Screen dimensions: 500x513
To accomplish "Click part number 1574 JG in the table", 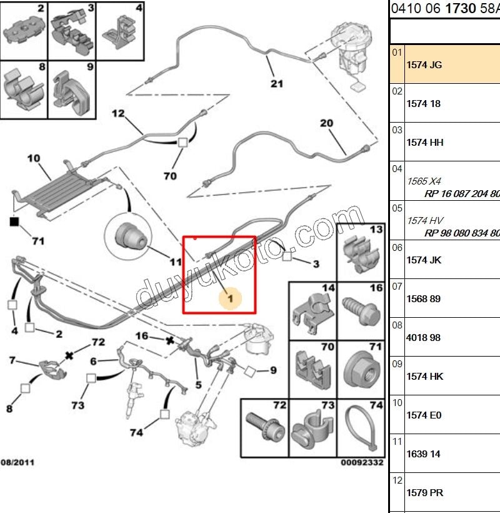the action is [x=424, y=65].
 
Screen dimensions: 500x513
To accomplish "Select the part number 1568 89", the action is [x=423, y=298].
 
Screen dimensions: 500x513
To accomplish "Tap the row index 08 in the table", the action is [x=397, y=325].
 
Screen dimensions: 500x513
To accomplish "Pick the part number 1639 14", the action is [x=423, y=454].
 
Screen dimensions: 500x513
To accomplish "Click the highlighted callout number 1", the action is [x=231, y=298].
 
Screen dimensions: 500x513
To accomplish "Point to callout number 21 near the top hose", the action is [x=277, y=84].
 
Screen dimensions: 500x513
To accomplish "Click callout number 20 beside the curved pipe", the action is [x=326, y=123].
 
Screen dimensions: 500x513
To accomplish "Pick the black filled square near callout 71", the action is [x=14, y=222].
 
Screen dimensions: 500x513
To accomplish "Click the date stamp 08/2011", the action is [x=17, y=462].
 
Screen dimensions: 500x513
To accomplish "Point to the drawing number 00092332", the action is [x=362, y=462].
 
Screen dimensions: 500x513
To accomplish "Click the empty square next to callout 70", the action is [x=182, y=143].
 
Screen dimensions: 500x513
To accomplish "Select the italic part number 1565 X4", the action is [x=424, y=181].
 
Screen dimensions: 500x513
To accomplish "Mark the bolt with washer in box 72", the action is [x=265, y=426].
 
